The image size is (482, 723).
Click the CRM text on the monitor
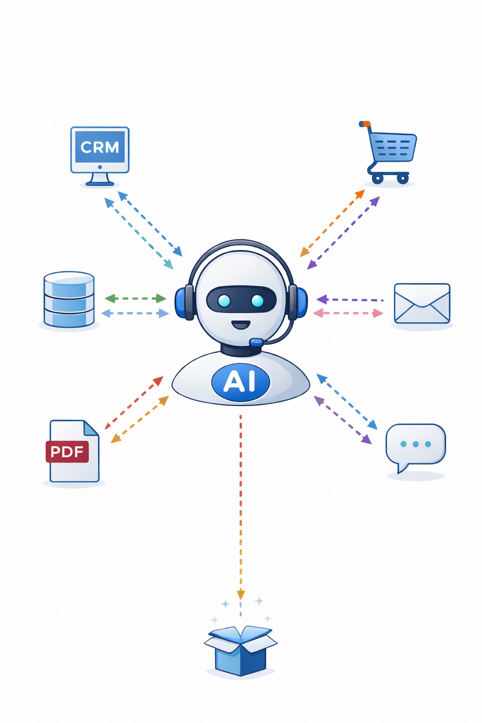pyautogui.click(x=100, y=147)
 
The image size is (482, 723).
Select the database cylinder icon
pyautogui.click(x=69, y=299)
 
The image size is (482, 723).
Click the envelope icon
pyautogui.click(x=422, y=304)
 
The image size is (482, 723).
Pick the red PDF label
pyautogui.click(x=67, y=452)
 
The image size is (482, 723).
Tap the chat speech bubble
pyautogui.click(x=415, y=445)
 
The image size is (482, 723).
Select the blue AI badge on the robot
pyautogui.click(x=241, y=382)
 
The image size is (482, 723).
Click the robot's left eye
pyautogui.click(x=225, y=300)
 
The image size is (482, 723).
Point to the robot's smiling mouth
pyautogui.click(x=241, y=325)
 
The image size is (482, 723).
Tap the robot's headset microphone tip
pyautogui.click(x=256, y=342)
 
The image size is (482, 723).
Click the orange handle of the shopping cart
pyautogui.click(x=364, y=124)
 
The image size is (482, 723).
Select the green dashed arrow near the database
pyautogui.click(x=135, y=298)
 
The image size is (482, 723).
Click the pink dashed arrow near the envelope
pyautogui.click(x=348, y=313)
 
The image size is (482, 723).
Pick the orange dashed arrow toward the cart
pyautogui.click(x=332, y=223)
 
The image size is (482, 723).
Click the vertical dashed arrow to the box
pyautogui.click(x=241, y=504)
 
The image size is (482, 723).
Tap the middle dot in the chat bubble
pyautogui.click(x=416, y=444)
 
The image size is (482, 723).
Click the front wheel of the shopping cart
pyautogui.click(x=402, y=179)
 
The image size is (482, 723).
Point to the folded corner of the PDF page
pyautogui.click(x=91, y=428)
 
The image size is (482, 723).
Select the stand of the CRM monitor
pyautogui.click(x=100, y=179)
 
